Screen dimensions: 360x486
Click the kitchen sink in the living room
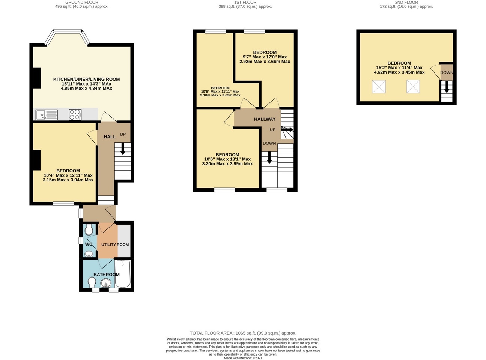click(47, 115)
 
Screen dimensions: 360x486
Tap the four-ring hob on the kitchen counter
click(75, 115)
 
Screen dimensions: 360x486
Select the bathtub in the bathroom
click(123, 274)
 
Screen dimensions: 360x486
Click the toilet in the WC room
click(89, 230)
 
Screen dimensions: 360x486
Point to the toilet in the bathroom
click(92, 282)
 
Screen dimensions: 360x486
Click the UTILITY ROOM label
click(115, 244)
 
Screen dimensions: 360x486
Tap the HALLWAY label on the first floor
click(265, 119)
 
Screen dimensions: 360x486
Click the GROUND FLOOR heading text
click(82, 2)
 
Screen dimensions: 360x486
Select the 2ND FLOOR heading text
click(406, 2)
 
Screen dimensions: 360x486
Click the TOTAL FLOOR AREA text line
click(243, 333)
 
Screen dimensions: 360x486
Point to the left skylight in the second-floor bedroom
click(379, 87)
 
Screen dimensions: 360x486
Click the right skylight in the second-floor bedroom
click(413, 87)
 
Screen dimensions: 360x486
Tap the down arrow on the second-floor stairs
click(447, 87)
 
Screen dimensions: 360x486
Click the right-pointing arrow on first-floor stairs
click(287, 130)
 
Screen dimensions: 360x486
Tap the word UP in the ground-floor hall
click(123, 135)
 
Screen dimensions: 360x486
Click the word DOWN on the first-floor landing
click(269, 144)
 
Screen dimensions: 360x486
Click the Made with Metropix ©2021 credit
click(243, 358)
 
